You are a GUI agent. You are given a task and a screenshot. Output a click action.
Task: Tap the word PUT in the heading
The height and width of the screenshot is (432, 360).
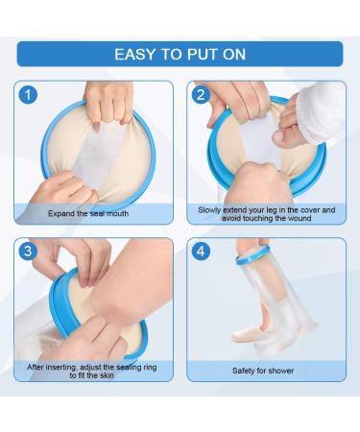tap(202, 55)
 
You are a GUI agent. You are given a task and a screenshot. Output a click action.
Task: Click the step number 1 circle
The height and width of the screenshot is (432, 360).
tap(28, 95)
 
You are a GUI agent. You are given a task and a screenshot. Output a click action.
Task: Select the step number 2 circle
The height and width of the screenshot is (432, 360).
tap(201, 95)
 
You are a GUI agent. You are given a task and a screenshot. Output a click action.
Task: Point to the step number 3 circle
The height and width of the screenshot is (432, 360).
tap(28, 251)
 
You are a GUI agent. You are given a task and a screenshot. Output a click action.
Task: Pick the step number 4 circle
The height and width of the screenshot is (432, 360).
tap(201, 251)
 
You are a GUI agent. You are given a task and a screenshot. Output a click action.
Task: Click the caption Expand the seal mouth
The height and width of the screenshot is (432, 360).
tap(88, 213)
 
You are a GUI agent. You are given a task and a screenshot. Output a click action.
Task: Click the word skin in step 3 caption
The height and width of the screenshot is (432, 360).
tap(105, 375)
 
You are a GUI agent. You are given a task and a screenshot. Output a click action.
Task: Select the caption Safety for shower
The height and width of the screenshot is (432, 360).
tap(263, 371)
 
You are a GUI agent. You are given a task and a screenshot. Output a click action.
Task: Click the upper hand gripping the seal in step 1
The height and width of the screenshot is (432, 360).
tap(108, 103)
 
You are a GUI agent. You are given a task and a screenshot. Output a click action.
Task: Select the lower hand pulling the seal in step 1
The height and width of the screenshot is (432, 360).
tap(64, 190)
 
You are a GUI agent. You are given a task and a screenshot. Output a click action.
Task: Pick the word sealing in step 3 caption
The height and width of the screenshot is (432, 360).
tap(128, 367)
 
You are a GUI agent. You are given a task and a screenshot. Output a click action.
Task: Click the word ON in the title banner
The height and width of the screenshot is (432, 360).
tap(234, 55)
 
